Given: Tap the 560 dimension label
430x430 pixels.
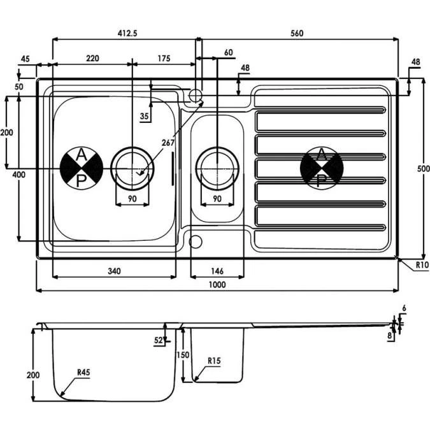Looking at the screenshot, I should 298,33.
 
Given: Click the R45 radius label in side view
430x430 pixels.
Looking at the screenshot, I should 83,373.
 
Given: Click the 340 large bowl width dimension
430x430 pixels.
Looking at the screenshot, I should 113,271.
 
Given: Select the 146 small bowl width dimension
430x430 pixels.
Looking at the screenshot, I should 217,271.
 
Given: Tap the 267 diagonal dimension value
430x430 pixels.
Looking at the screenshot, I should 168,143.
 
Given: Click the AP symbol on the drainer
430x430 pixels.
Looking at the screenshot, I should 322,168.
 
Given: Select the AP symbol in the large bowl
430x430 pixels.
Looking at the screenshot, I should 82,168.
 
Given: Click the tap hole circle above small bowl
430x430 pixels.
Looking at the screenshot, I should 196,96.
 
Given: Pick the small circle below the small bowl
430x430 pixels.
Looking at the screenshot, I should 195,241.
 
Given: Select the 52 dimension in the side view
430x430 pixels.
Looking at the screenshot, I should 158,341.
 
